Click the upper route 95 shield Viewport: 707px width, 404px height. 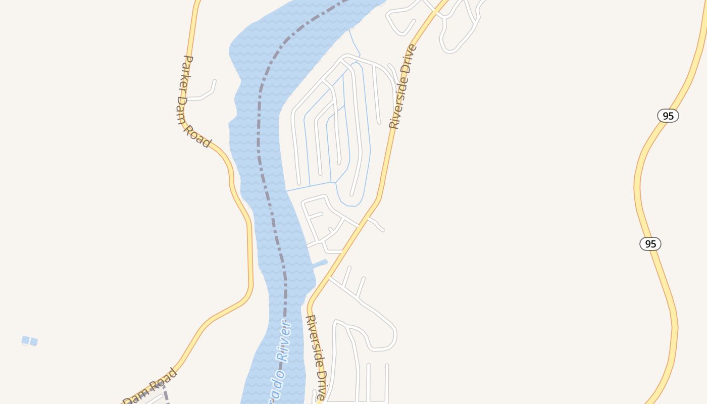pyautogui.click(x=668, y=116)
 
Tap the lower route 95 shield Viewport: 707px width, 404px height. pyautogui.click(x=650, y=244)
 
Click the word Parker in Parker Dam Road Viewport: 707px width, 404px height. pyautogui.click(x=186, y=73)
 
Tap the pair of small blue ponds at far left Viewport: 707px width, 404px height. pyautogui.click(x=29, y=341)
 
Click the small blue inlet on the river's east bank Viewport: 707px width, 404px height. pyautogui.click(x=320, y=263)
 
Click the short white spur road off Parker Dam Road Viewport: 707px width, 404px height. pyautogui.click(x=205, y=94)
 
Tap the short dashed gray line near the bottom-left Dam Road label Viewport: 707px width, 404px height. pyautogui.click(x=165, y=394)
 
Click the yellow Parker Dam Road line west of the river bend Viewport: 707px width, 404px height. pyautogui.click(x=249, y=252)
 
